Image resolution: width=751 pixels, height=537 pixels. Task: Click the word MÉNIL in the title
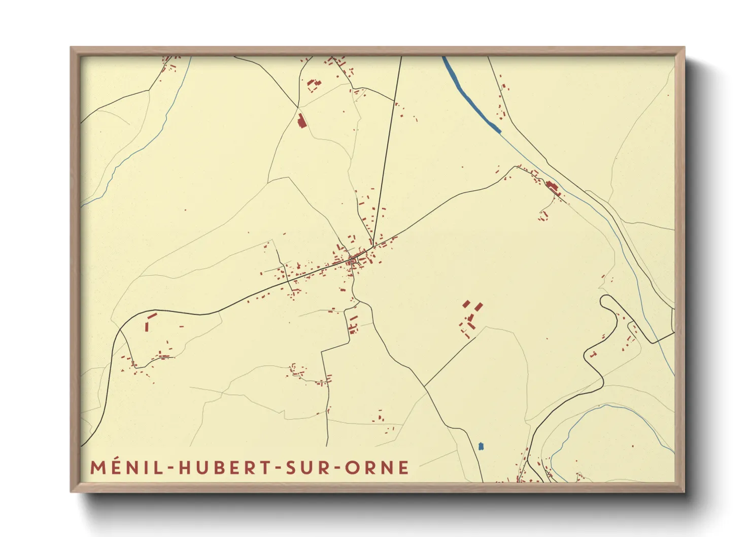click(x=127, y=467)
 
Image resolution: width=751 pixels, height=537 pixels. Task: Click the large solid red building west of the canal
click(x=301, y=121)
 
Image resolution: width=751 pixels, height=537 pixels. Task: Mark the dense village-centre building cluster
click(x=354, y=260)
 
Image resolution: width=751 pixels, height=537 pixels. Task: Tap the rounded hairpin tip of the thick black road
click(x=604, y=299)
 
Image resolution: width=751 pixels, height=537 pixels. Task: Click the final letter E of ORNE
click(x=403, y=467)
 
